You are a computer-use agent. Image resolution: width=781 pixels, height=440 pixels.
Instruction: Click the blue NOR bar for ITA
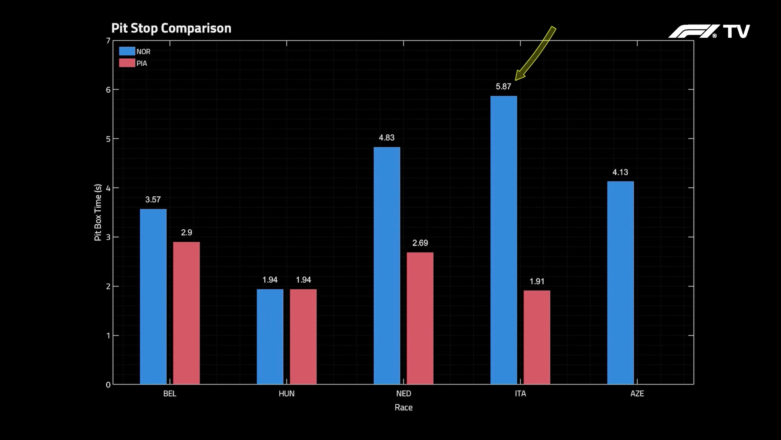pyautogui.click(x=504, y=240)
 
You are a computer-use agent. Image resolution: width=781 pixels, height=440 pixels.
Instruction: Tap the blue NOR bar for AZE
pyautogui.click(x=620, y=282)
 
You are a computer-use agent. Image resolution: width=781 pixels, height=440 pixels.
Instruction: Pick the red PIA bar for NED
pyautogui.click(x=420, y=318)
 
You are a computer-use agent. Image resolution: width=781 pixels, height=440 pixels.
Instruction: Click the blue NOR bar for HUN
pyautogui.click(x=270, y=337)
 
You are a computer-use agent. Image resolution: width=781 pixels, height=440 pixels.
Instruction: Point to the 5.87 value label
pyautogui.click(x=503, y=87)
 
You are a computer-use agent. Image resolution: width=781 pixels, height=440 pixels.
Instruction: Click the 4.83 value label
pyautogui.click(x=387, y=137)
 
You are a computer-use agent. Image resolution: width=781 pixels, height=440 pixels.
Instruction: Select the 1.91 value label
pyautogui.click(x=537, y=281)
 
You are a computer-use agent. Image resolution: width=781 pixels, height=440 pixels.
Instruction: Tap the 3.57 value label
pyautogui.click(x=153, y=199)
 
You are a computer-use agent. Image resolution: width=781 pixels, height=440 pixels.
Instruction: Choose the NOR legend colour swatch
pyautogui.click(x=127, y=51)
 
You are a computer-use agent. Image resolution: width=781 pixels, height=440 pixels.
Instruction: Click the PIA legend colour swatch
pyautogui.click(x=127, y=63)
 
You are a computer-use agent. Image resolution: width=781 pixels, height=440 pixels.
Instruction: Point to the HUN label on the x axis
pyautogui.click(x=287, y=394)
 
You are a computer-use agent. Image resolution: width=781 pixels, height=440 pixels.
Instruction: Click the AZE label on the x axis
pyautogui.click(x=637, y=394)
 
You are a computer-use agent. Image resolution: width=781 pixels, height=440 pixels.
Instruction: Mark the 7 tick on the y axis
pyautogui.click(x=108, y=41)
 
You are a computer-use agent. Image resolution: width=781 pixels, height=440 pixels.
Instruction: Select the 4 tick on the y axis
pyautogui.click(x=108, y=188)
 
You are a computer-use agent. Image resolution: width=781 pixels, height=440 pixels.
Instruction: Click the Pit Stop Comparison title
pyautogui.click(x=171, y=28)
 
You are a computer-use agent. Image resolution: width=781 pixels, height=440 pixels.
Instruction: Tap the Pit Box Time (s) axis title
pyautogui.click(x=98, y=212)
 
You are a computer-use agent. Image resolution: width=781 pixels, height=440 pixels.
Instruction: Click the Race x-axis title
pyautogui.click(x=403, y=407)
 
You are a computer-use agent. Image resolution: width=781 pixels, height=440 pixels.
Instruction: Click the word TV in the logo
pyautogui.click(x=736, y=31)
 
